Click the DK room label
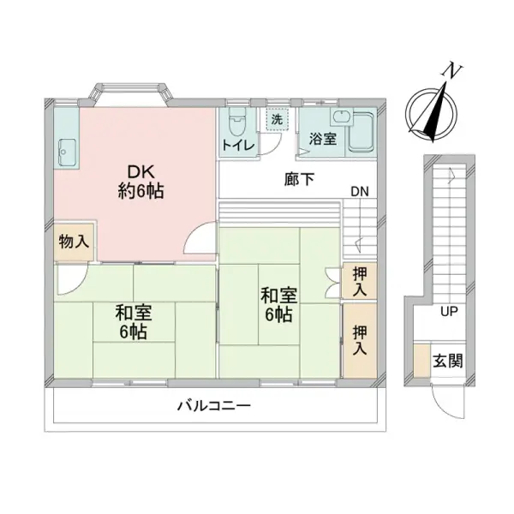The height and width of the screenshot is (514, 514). tap(141, 182)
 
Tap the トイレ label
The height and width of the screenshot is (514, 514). tap(238, 145)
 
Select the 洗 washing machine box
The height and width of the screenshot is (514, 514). tap(277, 119)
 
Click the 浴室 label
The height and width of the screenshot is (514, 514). tap(323, 139)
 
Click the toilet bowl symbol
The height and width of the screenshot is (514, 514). tap(236, 122)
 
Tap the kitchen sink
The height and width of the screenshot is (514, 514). tap(67, 152)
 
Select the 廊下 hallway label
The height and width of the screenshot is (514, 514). tap(299, 179)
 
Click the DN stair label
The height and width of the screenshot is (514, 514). tap(360, 191)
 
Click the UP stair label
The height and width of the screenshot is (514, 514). tap(449, 312)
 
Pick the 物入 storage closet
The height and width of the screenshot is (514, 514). tap(75, 242)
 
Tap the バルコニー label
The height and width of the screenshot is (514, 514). tap(213, 406)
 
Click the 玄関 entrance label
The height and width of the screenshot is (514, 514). tap(447, 361)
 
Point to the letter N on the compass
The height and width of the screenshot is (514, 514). tap(453, 71)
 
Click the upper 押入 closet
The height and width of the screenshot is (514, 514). tap(360, 281)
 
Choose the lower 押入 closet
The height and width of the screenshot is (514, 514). tap(360, 340)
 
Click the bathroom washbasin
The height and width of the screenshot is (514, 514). tap(341, 117)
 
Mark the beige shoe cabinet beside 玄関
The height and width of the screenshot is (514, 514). tap(421, 361)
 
